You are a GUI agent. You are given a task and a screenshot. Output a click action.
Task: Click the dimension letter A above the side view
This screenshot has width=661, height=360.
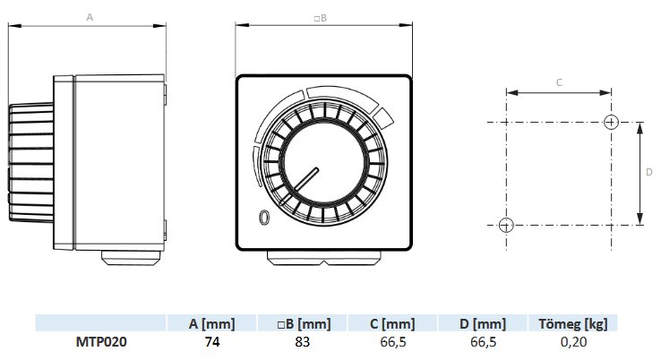click(x=90, y=17)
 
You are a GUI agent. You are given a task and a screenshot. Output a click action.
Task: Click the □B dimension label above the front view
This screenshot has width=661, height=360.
click(x=321, y=18)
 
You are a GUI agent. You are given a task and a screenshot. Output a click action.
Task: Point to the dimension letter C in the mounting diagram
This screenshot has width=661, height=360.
click(x=559, y=82)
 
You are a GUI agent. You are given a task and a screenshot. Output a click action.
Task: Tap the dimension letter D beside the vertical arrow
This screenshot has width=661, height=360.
click(x=649, y=172)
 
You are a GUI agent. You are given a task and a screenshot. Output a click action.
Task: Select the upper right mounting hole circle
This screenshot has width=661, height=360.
click(x=611, y=123)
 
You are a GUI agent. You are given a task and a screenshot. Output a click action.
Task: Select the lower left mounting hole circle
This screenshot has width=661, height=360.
click(x=506, y=225)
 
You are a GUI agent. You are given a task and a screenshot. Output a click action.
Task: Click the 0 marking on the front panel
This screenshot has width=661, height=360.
click(x=264, y=218)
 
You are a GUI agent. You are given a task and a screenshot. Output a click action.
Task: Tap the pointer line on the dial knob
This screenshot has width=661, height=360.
click(x=302, y=184)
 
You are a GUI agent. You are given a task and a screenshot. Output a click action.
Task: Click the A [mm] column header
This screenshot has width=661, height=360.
click(x=211, y=324)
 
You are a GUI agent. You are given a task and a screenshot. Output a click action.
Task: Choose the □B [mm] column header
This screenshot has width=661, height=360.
click(x=304, y=324)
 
